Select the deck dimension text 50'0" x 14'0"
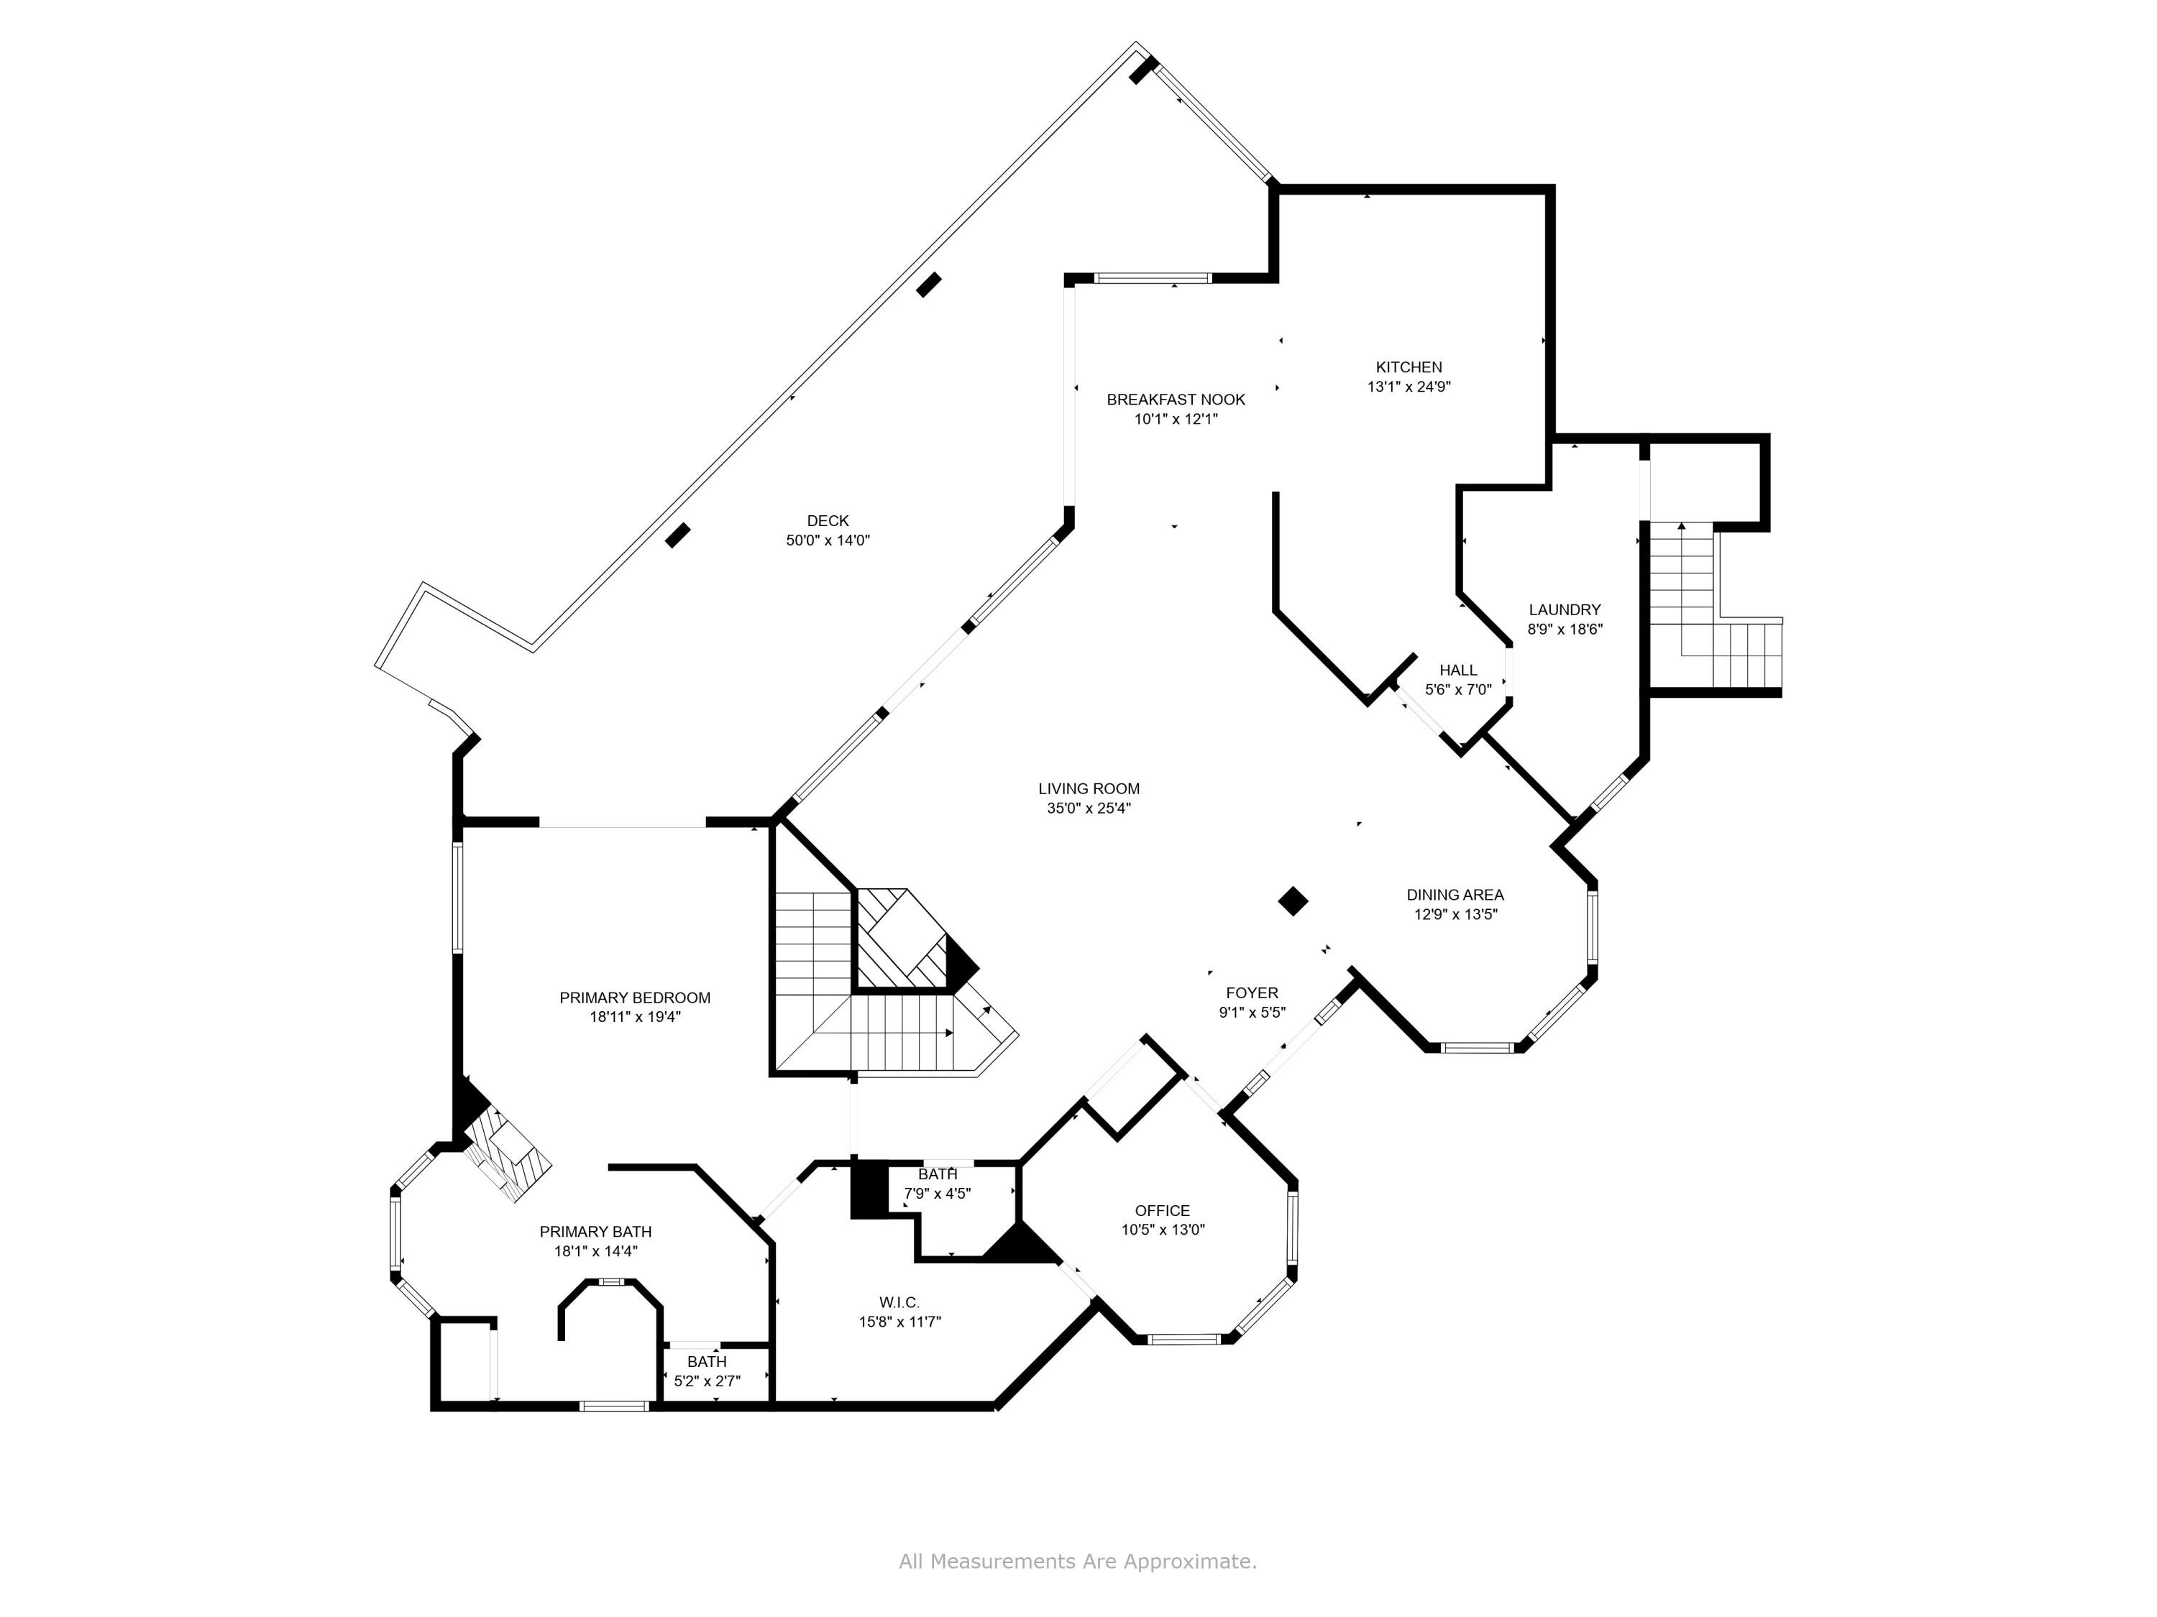click(x=827, y=540)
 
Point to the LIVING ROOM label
click(x=1089, y=788)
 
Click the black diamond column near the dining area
click(x=1292, y=900)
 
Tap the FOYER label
click(x=1251, y=993)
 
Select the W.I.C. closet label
click(x=898, y=1302)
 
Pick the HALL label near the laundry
click(x=1458, y=671)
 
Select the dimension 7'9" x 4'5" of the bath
click(x=936, y=1193)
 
